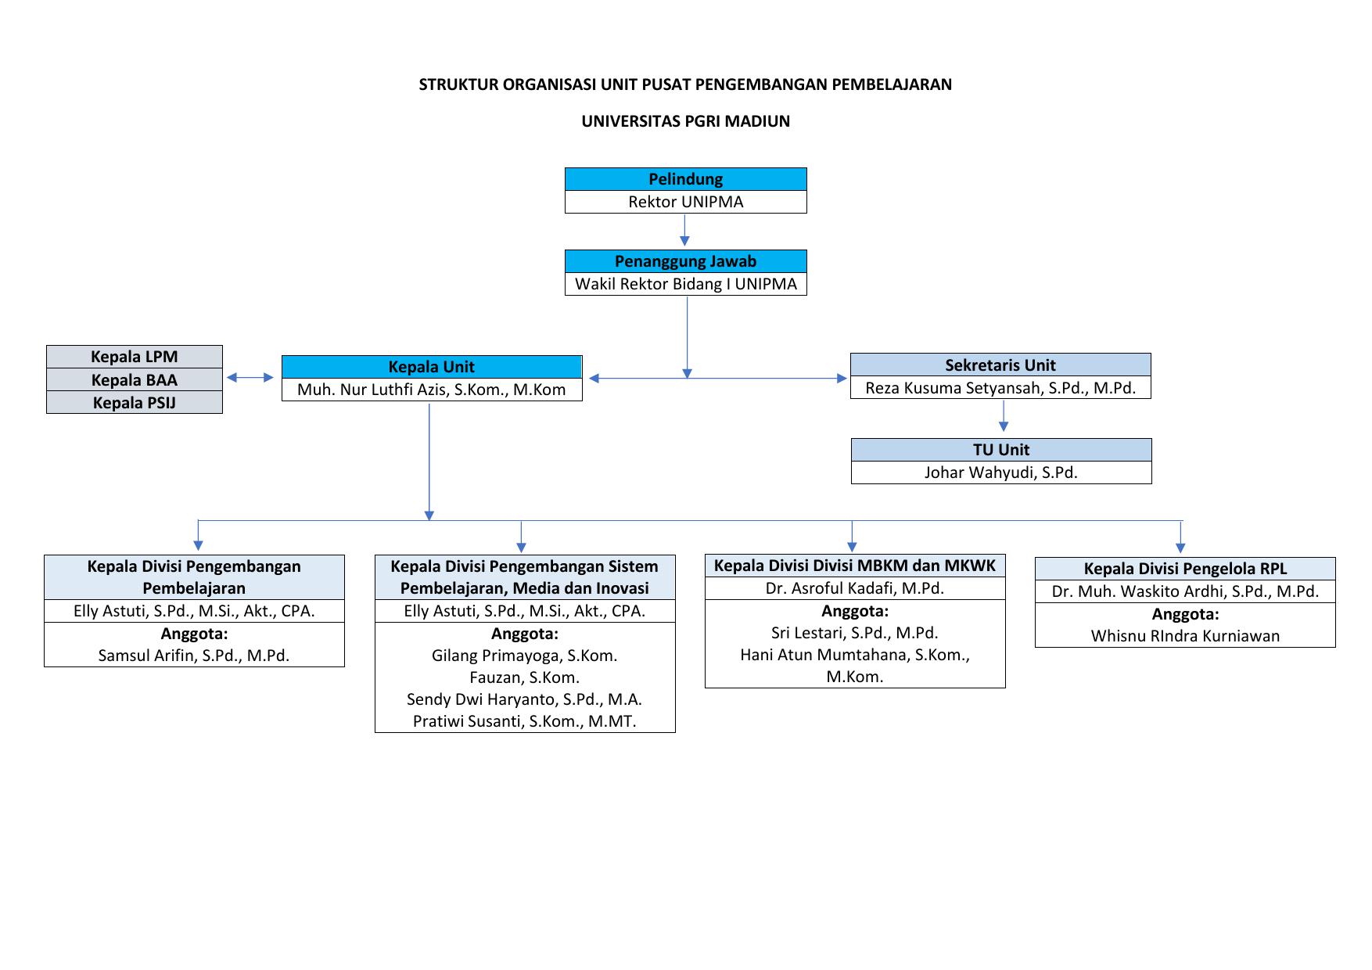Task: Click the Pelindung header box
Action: tap(685, 179)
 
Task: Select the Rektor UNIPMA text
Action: tap(685, 202)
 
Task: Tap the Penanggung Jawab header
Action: tap(685, 261)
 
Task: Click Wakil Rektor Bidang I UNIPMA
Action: tap(685, 284)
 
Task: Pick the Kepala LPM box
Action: tap(135, 357)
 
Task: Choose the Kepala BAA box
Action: tap(135, 380)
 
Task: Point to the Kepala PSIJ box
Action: tap(135, 403)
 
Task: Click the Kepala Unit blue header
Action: tap(432, 367)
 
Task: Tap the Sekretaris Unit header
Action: tap(1000, 365)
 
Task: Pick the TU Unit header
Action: tap(1001, 450)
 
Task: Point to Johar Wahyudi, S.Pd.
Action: tap(1001, 472)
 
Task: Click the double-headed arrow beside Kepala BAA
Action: tap(250, 378)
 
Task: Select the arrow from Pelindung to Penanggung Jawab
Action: tap(685, 230)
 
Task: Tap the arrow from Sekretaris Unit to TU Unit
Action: tap(1004, 415)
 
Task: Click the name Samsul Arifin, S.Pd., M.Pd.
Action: tap(194, 656)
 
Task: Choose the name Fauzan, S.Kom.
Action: tap(525, 677)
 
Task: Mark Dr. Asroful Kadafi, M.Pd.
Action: tap(855, 588)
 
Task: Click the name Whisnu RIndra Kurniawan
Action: tap(1185, 636)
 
